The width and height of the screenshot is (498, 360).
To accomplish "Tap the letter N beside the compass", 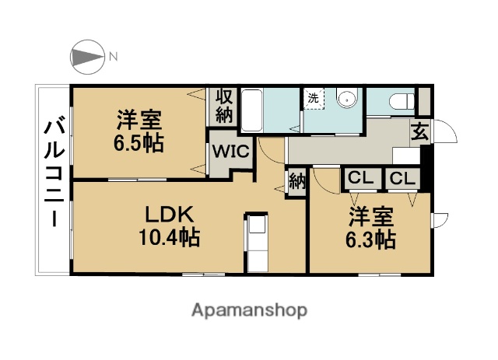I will (114, 57).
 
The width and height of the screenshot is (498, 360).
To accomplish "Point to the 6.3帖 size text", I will (370, 239).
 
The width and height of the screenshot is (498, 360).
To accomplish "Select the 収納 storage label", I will (224, 106).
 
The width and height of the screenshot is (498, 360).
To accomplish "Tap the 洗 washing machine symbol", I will (313, 99).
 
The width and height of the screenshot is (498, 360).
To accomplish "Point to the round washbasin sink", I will (347, 98).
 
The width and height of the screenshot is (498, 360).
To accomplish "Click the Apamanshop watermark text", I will (249, 310).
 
